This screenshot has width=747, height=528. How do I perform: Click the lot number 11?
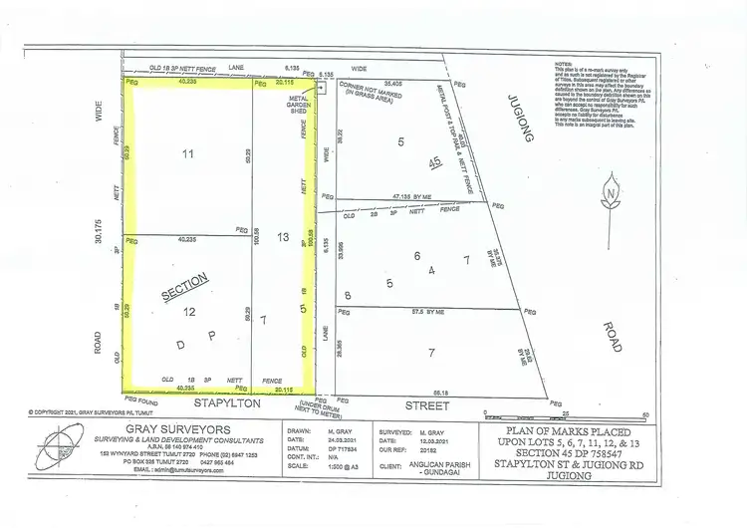pyautogui.click(x=187, y=154)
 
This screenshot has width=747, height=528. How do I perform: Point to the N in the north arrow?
pyautogui.click(x=609, y=193)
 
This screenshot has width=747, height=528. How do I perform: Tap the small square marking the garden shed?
pyautogui.click(x=322, y=88)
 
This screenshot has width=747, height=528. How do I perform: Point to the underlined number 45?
pyautogui.click(x=434, y=162)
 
